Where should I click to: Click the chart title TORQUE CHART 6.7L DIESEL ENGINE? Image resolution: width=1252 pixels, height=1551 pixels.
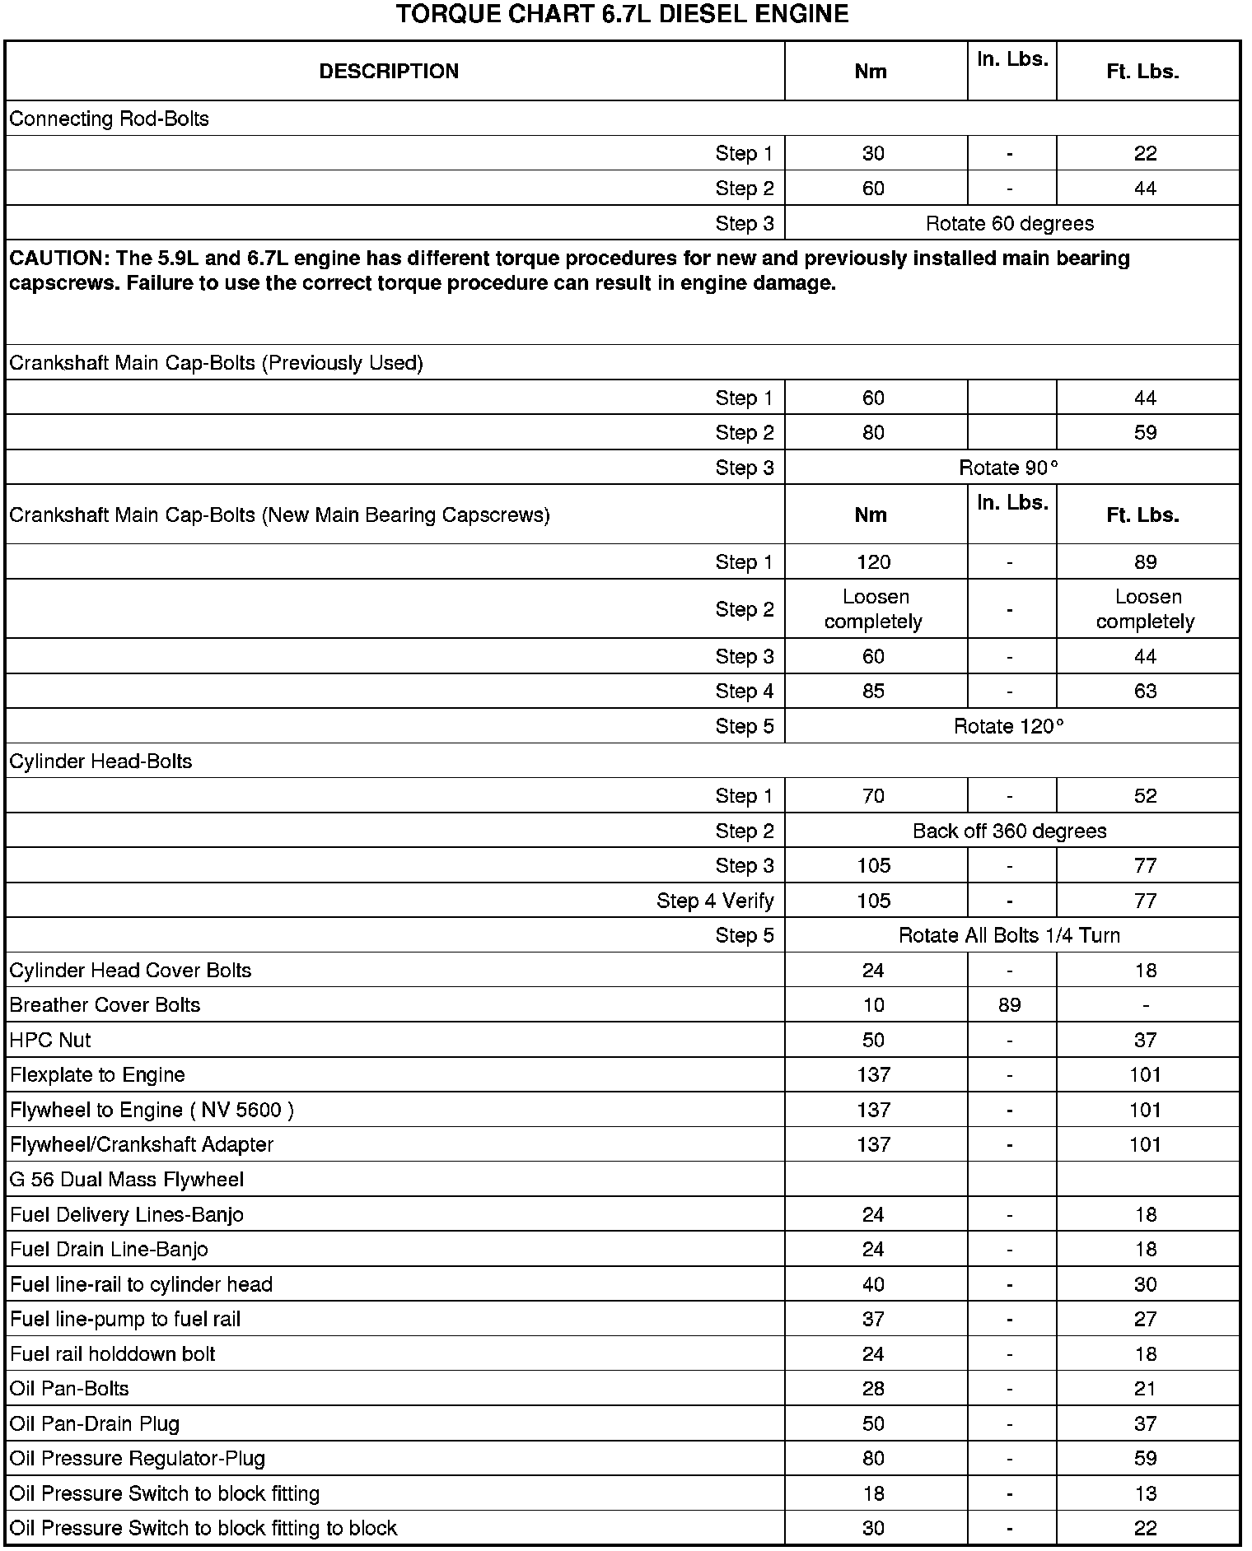[x=622, y=15]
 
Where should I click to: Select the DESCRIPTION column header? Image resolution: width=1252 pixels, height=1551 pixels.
[x=389, y=72]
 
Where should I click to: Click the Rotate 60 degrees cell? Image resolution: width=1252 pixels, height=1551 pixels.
[x=1010, y=224]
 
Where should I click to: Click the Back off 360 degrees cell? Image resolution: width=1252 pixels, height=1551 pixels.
[x=1010, y=831]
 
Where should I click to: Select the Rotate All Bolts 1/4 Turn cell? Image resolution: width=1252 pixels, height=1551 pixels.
[x=1009, y=936]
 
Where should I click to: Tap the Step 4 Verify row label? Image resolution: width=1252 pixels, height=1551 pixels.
[x=715, y=901]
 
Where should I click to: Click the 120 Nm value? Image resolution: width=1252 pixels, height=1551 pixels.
[x=873, y=563]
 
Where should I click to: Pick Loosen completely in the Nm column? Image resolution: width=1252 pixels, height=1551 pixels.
[x=873, y=610]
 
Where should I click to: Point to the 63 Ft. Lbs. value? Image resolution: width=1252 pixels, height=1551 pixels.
[x=1145, y=692]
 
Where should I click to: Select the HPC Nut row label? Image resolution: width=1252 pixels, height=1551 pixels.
[x=50, y=1041]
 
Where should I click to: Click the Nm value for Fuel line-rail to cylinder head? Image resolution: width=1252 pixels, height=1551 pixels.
[x=873, y=1285]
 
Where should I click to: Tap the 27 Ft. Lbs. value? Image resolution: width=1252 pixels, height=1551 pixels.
[x=1145, y=1320]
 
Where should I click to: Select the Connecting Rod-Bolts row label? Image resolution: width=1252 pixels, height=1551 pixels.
[x=109, y=119]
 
